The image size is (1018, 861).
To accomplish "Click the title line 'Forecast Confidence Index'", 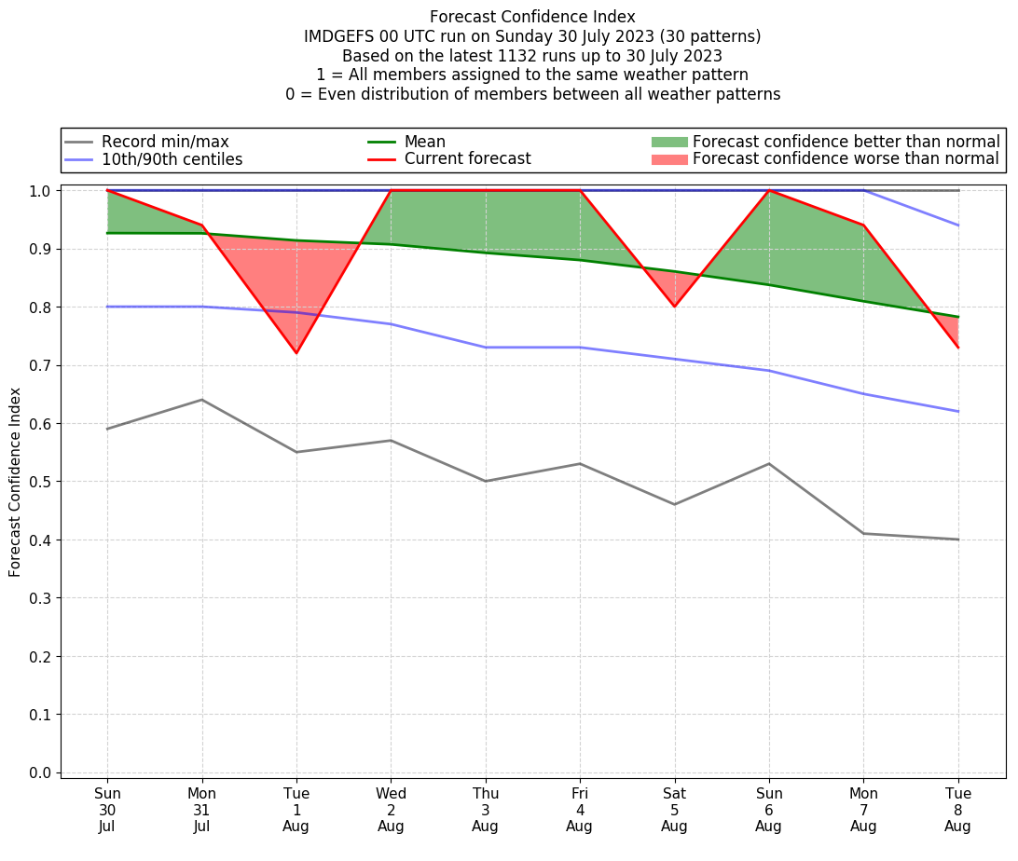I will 532,17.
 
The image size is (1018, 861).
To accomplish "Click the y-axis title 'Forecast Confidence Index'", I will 15,481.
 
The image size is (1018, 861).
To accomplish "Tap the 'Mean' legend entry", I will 424,142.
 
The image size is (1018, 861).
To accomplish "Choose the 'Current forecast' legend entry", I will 467,159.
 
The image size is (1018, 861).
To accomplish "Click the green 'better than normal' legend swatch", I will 668,142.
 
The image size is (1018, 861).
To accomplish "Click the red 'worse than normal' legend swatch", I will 668,159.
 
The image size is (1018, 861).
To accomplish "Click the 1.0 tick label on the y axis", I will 40,191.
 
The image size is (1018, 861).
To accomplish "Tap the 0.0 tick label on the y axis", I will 40,772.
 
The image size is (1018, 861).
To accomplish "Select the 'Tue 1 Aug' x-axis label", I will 296,810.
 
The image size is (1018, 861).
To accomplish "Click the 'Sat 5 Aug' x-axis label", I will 674,810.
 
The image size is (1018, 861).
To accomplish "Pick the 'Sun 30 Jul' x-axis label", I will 107,810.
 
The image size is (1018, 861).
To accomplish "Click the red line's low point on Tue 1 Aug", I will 296,353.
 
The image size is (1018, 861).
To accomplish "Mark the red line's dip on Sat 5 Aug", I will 674,307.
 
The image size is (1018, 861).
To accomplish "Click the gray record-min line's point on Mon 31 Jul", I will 201,400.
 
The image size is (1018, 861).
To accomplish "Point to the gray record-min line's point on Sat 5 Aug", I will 674,504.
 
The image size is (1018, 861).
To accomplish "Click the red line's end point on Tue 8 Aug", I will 958,348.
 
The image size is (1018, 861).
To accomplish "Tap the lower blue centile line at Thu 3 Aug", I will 485,348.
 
